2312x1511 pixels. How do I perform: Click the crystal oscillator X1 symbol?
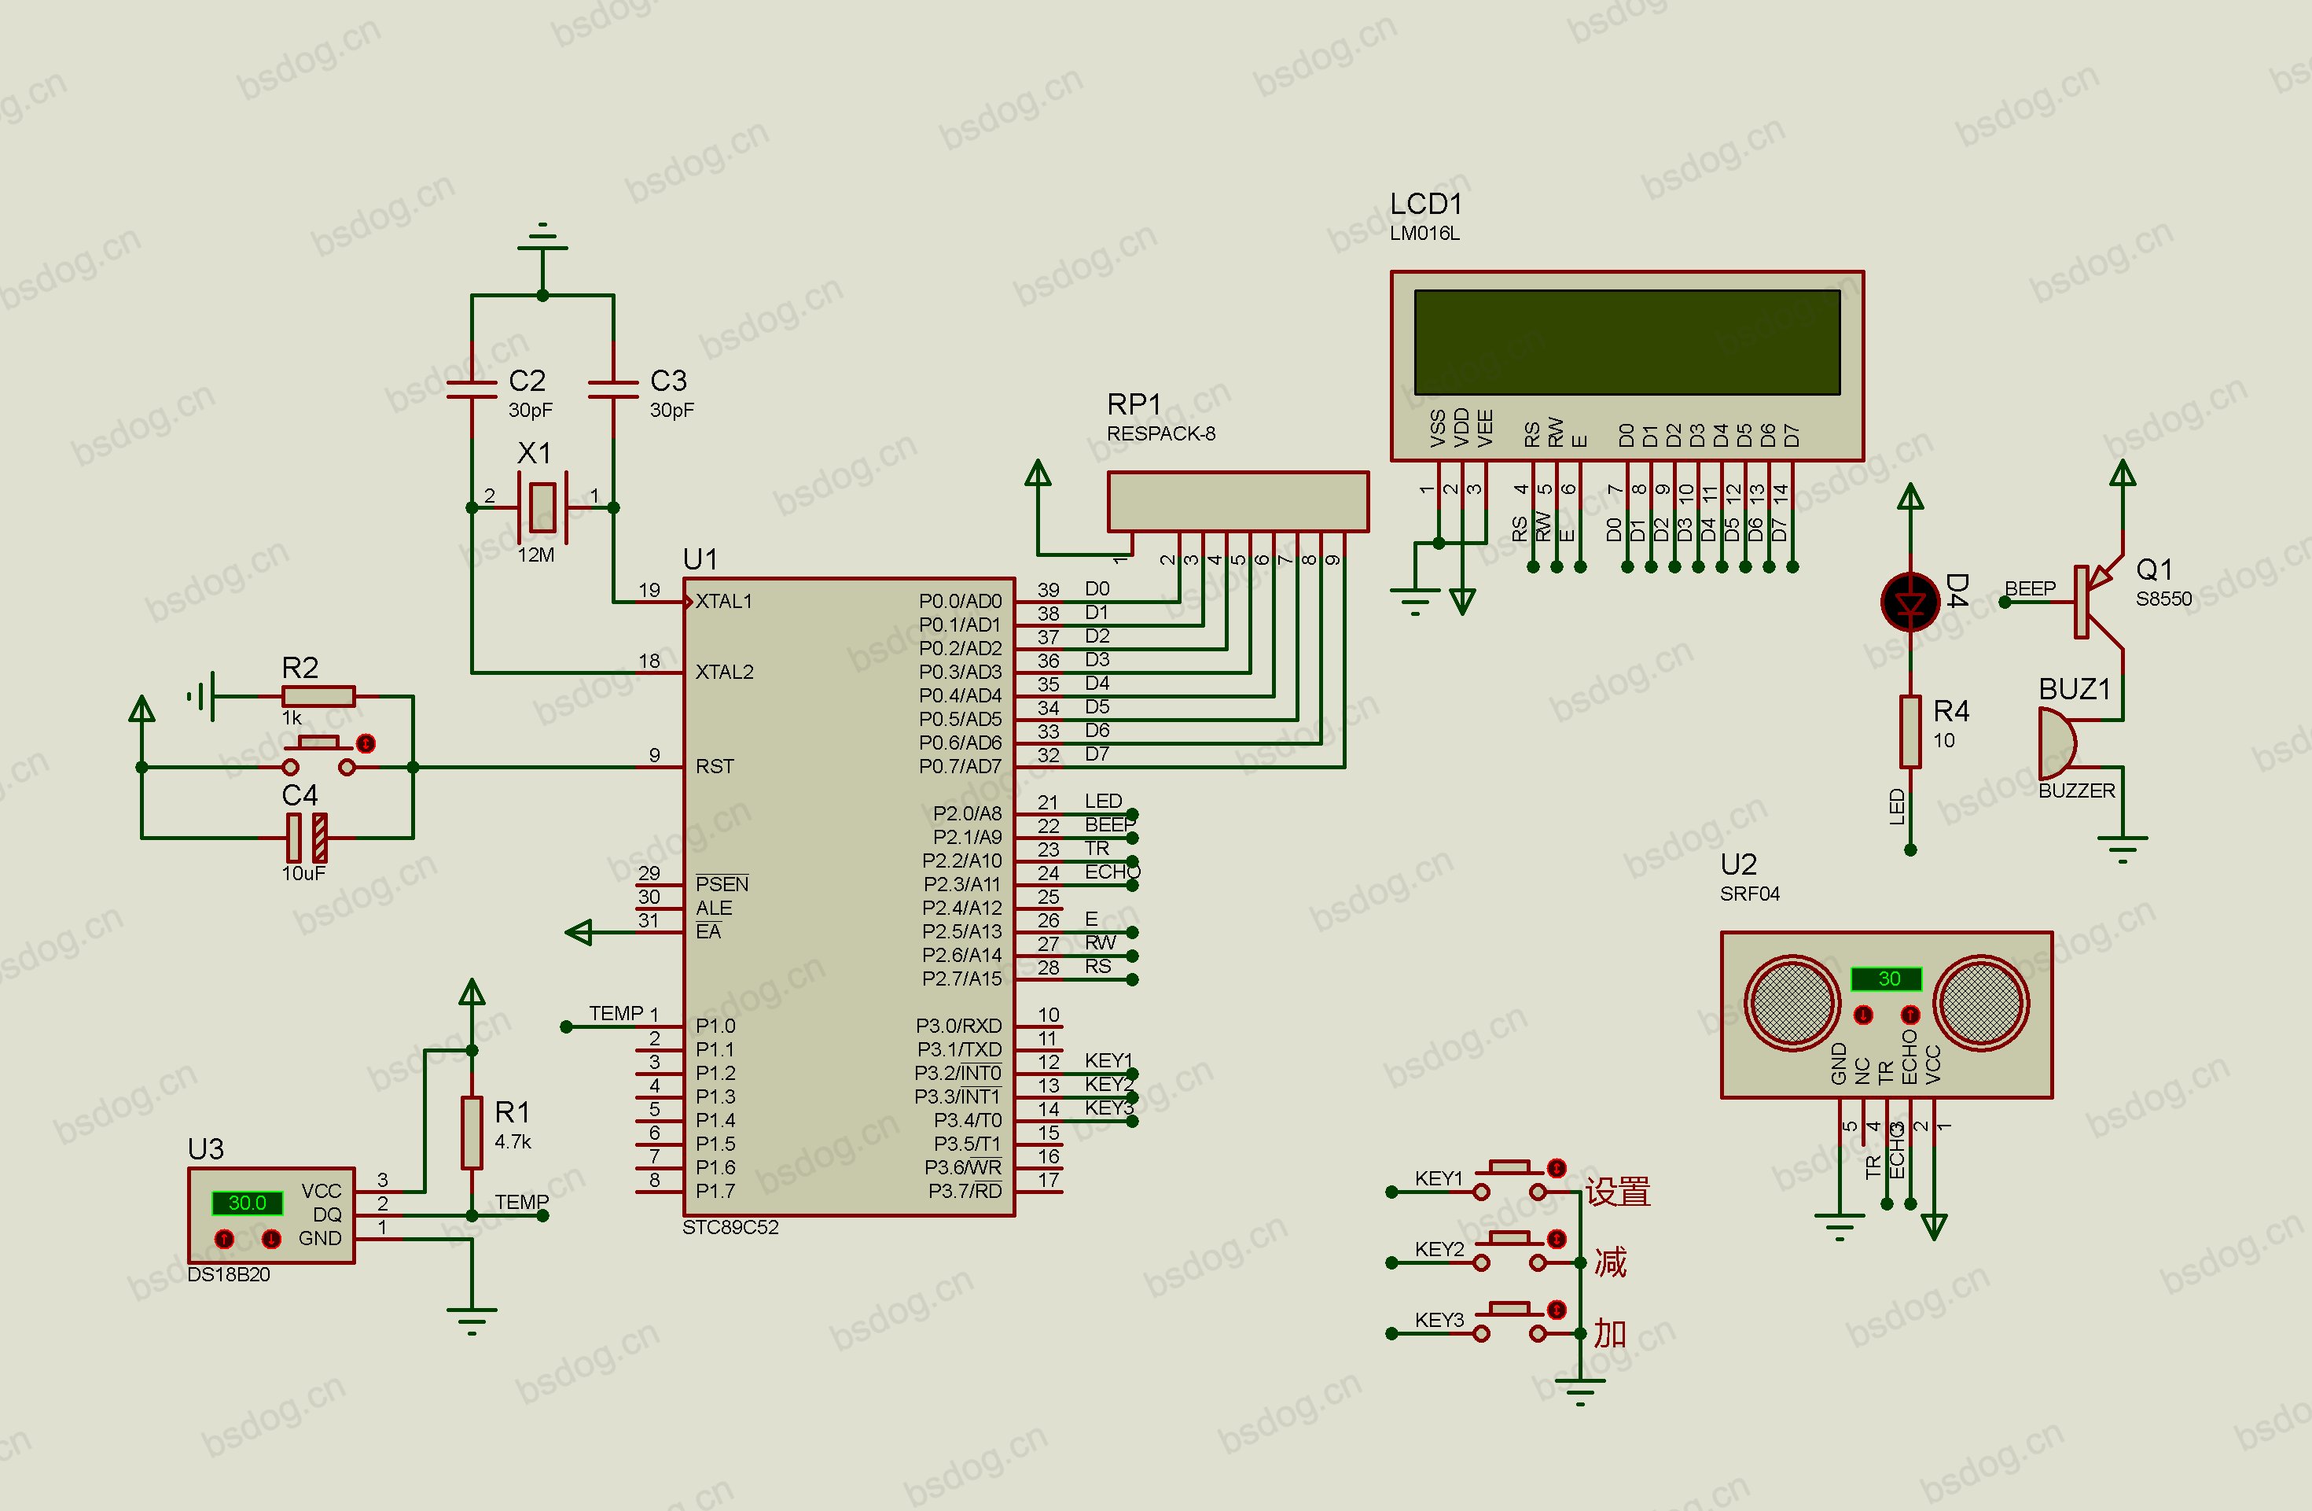point(542,507)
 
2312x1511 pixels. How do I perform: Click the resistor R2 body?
point(318,696)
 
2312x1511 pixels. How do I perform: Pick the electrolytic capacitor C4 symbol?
point(307,838)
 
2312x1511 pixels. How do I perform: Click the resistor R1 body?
point(472,1133)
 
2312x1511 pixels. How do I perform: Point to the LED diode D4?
point(1910,603)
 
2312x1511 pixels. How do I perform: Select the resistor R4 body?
point(1910,732)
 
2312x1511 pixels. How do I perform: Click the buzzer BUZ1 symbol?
point(2057,743)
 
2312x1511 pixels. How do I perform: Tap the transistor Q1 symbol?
point(2098,603)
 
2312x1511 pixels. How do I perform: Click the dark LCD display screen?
point(1627,342)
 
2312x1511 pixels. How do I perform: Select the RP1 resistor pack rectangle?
point(1237,501)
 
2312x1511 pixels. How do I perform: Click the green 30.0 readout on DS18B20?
point(247,1203)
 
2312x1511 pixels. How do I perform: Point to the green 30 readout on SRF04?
point(1887,978)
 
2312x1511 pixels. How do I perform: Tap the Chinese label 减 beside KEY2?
point(1610,1262)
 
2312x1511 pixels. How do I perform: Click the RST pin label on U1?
point(715,767)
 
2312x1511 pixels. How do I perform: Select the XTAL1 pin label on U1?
point(724,602)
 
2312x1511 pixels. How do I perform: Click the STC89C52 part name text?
point(730,1227)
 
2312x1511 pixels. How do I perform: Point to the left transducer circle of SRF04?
point(1792,1002)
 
